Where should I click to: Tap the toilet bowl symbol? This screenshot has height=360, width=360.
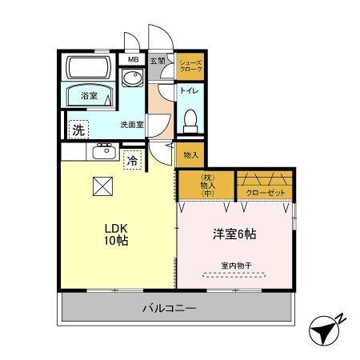[190, 121]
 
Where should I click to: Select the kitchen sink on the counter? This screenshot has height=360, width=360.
[103, 151]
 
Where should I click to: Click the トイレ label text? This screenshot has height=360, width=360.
[189, 90]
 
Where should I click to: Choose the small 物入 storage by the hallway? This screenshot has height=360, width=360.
[190, 155]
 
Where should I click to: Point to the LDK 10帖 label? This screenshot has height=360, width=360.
[111, 234]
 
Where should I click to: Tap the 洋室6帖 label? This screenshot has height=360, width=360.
[234, 234]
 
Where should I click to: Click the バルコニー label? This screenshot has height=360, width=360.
[170, 307]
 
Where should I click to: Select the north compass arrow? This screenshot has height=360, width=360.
[323, 330]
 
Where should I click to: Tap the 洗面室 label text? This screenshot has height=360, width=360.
[132, 125]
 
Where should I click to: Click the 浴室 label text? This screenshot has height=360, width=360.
[88, 96]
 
